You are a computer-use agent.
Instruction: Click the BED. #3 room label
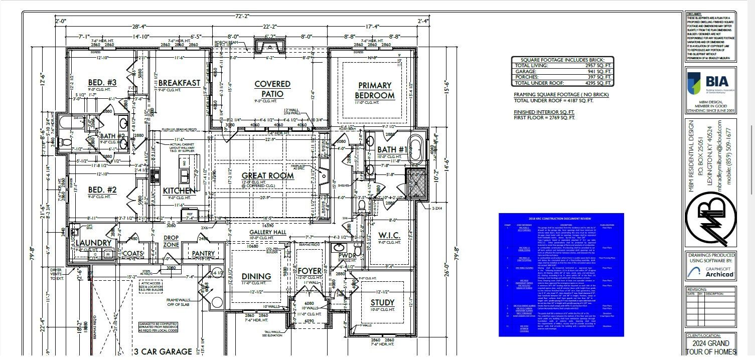pyautogui.click(x=102, y=83)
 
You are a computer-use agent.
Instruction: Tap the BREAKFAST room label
pyautogui.click(x=179, y=83)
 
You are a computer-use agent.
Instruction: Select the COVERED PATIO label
pyautogui.click(x=272, y=89)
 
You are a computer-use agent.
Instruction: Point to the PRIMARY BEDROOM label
pyautogui.click(x=375, y=90)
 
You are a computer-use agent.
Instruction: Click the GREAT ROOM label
pyautogui.click(x=267, y=176)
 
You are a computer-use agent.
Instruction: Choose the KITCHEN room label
pyautogui.click(x=179, y=191)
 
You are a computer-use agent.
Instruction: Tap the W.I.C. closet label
pyautogui.click(x=389, y=235)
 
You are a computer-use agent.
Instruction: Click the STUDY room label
pyautogui.click(x=382, y=302)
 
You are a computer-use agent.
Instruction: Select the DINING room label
pyautogui.click(x=256, y=276)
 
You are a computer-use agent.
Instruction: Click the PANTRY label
pyautogui.click(x=203, y=254)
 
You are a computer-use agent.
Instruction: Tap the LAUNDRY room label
pyautogui.click(x=93, y=243)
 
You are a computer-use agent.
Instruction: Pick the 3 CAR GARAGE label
pyautogui.click(x=163, y=351)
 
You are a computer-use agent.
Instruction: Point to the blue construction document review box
pyautogui.click(x=561, y=274)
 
